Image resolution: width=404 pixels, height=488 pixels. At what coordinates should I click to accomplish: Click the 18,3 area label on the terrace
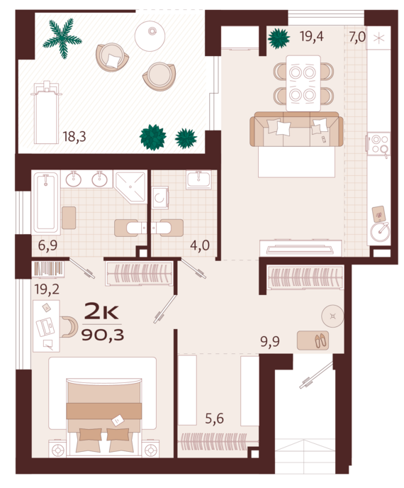pyautogui.click(x=74, y=136)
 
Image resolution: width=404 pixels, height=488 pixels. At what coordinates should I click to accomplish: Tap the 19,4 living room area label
pyautogui.click(x=312, y=36)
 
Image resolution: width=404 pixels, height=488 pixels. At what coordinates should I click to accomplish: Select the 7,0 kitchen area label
pyautogui.click(x=357, y=37)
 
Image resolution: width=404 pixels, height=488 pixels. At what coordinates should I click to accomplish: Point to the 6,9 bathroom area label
pyautogui.click(x=47, y=245)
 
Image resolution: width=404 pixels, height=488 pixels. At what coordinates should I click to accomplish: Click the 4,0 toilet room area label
pyautogui.click(x=200, y=245)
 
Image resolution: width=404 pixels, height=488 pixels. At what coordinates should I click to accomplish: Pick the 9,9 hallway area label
pyautogui.click(x=270, y=342)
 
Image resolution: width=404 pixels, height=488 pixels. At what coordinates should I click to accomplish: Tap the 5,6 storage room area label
pyautogui.click(x=215, y=418)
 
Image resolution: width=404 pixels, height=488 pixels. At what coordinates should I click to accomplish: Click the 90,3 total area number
pyautogui.click(x=103, y=335)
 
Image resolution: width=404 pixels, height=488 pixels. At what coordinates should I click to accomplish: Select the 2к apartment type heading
pyautogui.click(x=101, y=312)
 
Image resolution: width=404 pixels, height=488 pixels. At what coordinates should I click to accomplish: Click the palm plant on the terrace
pyautogui.click(x=63, y=38)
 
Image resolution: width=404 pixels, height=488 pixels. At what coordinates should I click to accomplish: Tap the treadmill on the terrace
pyautogui.click(x=46, y=113)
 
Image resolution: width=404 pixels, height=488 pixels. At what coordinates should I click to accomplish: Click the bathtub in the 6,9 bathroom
pyautogui.click(x=46, y=204)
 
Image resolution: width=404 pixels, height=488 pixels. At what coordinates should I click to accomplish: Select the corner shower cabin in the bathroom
pyautogui.click(x=130, y=187)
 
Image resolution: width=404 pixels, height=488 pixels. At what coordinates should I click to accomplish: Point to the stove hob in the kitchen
pyautogui.click(x=378, y=144)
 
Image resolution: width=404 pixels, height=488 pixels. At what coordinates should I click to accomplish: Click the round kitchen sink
pyautogui.click(x=379, y=232)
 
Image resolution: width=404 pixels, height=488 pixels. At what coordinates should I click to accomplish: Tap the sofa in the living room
pyautogui.click(x=296, y=129)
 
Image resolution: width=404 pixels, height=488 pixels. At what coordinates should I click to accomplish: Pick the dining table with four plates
pyautogui.click(x=303, y=83)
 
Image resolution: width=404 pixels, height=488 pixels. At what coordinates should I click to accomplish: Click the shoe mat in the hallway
pyautogui.click(x=313, y=340)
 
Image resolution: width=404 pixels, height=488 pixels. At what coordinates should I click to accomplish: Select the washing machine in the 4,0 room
pyautogui.click(x=160, y=198)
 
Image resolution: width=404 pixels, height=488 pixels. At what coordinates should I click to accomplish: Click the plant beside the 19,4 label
pyautogui.click(x=279, y=38)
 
